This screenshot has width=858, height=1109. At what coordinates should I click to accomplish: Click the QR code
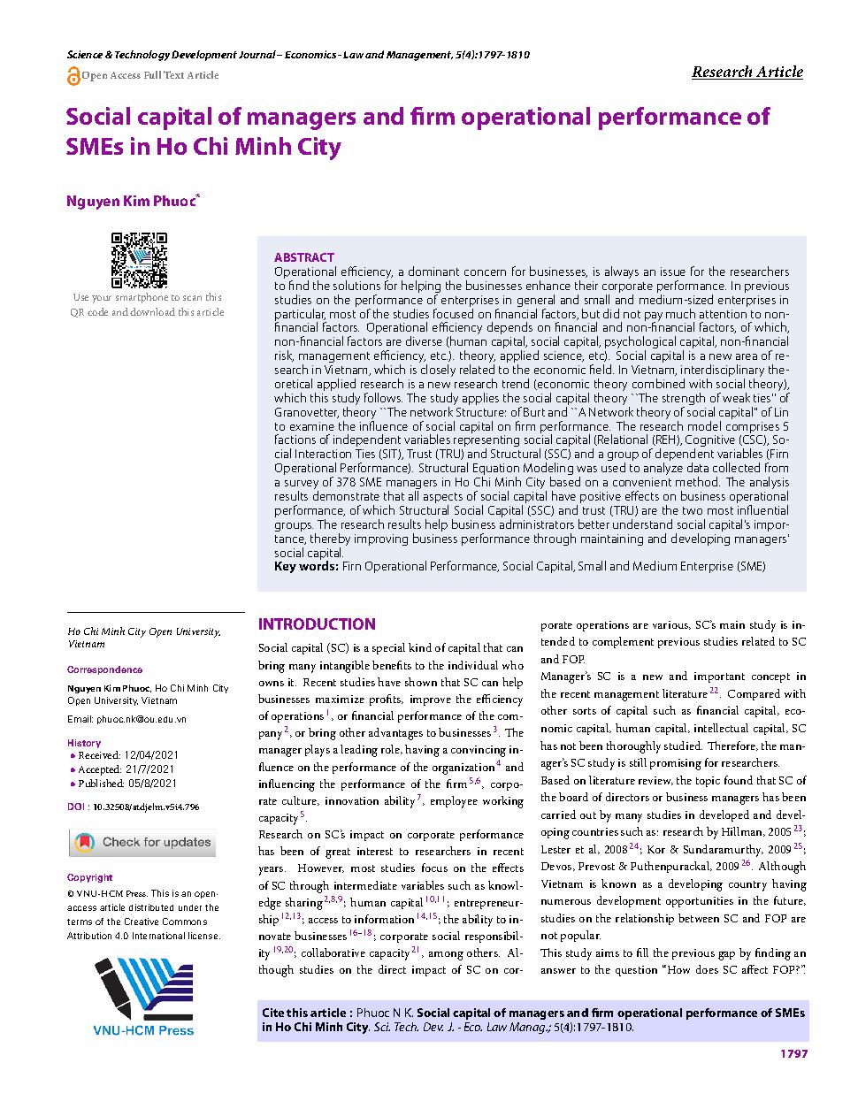click(x=139, y=260)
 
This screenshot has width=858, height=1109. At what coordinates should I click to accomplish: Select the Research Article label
click(x=747, y=73)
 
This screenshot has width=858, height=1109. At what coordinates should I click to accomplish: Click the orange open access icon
click(x=73, y=76)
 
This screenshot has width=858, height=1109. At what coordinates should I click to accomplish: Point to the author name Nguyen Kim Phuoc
click(x=132, y=201)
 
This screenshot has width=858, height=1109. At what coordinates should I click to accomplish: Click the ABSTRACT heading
click(x=304, y=257)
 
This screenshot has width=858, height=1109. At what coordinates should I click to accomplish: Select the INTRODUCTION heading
click(x=317, y=623)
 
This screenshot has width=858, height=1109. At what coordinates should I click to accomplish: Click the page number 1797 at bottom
click(x=793, y=1053)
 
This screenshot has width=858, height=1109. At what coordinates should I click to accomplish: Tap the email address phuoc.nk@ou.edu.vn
click(x=129, y=719)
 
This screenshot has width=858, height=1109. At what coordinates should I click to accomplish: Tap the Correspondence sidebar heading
click(x=104, y=669)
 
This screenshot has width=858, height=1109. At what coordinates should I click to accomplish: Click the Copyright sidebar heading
click(x=90, y=877)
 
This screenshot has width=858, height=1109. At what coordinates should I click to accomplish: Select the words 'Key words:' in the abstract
click(x=306, y=567)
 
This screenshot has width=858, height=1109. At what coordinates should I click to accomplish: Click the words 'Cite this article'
click(x=306, y=1013)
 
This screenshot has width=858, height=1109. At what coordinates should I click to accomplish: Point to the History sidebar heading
click(x=84, y=743)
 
